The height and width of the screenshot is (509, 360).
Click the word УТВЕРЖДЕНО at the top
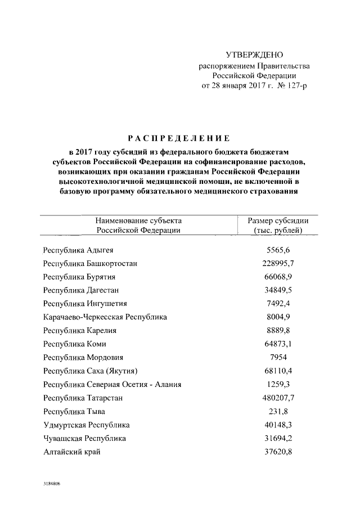coord(254,55)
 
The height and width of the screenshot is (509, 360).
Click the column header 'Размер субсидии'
coord(278,221)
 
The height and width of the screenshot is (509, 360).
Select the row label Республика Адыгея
coord(78,250)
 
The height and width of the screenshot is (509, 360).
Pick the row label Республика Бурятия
coord(79,277)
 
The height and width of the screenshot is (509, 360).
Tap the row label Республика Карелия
coord(79,331)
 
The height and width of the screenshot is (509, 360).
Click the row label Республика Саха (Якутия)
coord(90,371)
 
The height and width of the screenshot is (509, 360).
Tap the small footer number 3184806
coord(50,483)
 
